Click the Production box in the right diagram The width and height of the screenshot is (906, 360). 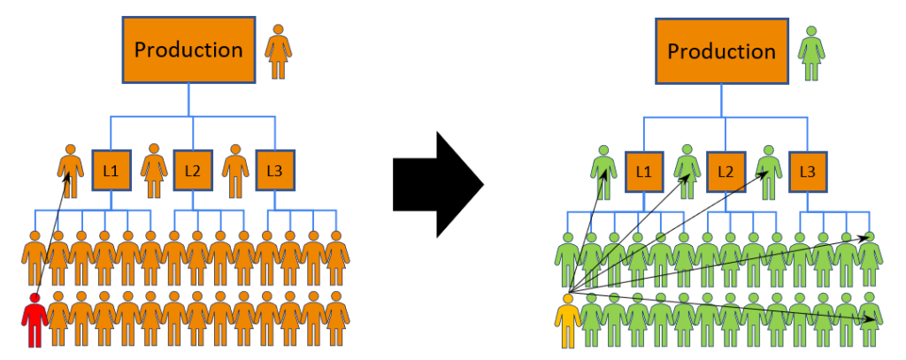coord(721,51)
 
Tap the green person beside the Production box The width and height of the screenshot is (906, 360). coord(811,53)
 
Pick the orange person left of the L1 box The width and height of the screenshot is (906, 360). coord(70,170)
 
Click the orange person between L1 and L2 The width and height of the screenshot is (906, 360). coord(153,170)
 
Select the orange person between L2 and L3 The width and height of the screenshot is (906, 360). coord(234,170)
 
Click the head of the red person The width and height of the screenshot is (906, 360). coord(35,298)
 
